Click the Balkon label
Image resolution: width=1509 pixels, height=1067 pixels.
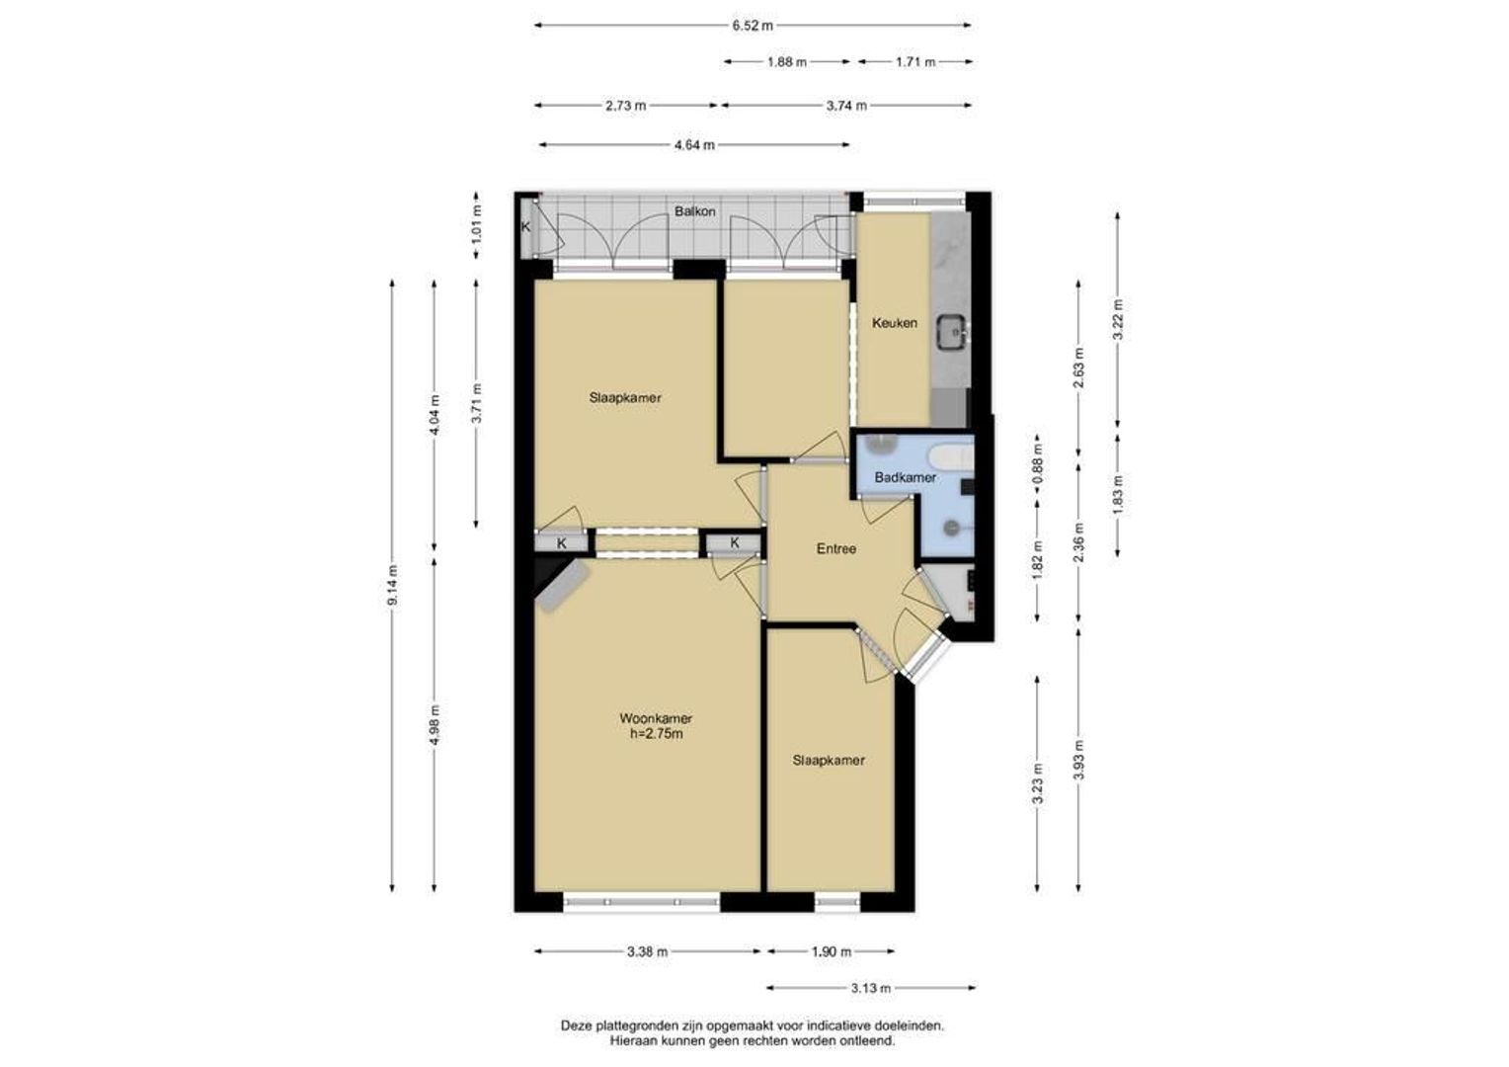[694, 211]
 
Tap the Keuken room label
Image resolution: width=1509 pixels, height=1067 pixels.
[894, 323]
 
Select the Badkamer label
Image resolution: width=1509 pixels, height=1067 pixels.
[905, 477]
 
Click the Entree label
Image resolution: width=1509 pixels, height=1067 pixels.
[836, 548]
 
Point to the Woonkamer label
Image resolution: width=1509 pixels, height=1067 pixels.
[656, 718]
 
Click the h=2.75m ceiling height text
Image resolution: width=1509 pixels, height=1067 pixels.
[656, 734]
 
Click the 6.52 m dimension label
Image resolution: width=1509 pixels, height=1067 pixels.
[753, 26]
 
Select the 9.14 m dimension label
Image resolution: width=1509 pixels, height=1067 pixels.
[393, 585]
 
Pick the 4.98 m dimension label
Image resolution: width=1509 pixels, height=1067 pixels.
[436, 725]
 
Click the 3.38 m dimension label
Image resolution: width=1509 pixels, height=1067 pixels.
[647, 951]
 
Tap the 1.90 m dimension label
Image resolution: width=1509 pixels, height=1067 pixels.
[831, 951]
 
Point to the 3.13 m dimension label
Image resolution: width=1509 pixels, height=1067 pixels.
[870, 988]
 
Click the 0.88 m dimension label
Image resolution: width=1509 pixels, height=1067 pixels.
[1037, 462]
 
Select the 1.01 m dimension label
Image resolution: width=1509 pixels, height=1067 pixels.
[477, 224]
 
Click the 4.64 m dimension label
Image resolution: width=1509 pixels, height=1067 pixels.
[694, 145]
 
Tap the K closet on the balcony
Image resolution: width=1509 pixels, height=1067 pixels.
[526, 227]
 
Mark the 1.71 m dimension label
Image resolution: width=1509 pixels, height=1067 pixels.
[914, 62]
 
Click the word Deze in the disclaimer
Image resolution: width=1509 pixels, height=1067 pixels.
[575, 1026]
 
